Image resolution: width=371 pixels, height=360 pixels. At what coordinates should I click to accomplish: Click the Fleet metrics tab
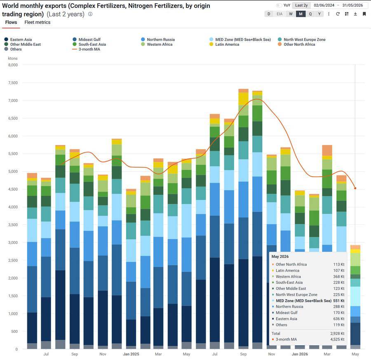click(x=38, y=22)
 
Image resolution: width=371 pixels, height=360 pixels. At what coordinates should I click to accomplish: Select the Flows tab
click(x=11, y=22)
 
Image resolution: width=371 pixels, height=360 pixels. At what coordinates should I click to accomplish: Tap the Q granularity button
click(x=310, y=14)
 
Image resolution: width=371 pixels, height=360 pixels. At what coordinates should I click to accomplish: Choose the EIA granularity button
click(x=279, y=14)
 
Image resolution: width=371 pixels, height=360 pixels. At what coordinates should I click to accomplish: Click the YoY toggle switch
click(x=279, y=5)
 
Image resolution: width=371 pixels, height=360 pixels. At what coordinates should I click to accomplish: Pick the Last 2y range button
click(x=301, y=5)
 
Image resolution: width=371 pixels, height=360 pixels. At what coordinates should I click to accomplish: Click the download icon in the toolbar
click(x=355, y=14)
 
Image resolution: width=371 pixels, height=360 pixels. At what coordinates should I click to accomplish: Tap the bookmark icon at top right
click(x=364, y=14)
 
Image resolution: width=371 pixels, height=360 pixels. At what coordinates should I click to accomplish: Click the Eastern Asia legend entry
click(x=18, y=40)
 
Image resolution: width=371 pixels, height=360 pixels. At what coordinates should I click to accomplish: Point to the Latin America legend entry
click(x=224, y=44)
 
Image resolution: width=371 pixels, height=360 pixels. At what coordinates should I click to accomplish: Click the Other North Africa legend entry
click(x=296, y=44)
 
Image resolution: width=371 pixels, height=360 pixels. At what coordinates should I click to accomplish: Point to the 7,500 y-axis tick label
click(x=13, y=83)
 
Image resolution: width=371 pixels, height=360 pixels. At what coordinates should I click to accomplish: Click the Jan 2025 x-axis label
click(x=131, y=354)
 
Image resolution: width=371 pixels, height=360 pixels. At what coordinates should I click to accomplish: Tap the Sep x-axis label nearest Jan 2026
click(x=243, y=354)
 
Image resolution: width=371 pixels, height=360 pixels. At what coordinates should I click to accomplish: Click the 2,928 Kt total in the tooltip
click(x=337, y=333)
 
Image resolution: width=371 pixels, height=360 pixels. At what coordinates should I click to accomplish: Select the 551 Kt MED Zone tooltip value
click(x=339, y=301)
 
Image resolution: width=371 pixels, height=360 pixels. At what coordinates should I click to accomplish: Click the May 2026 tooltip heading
click(x=280, y=257)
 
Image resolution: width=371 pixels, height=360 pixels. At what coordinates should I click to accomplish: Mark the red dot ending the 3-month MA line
click(x=355, y=188)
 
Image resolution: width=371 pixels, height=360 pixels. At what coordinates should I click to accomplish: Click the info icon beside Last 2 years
click(x=90, y=14)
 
